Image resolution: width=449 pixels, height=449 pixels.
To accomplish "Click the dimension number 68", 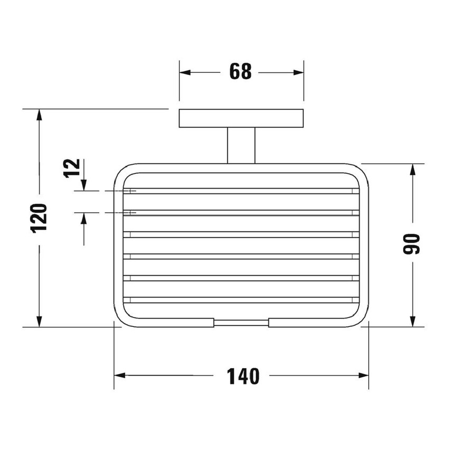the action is click(x=240, y=71).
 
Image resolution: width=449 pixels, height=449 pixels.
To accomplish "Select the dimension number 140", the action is click(x=243, y=376).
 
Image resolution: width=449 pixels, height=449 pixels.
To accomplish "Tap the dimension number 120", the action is click(x=39, y=218).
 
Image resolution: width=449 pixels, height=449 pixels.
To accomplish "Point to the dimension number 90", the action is click(x=411, y=244).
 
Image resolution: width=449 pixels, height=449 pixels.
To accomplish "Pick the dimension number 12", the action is click(x=72, y=169).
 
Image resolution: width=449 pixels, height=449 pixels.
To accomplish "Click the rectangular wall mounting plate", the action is click(x=241, y=118).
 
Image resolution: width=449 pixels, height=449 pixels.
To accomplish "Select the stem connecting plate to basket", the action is click(x=241, y=145).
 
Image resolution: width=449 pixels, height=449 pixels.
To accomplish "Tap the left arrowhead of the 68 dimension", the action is click(x=185, y=72).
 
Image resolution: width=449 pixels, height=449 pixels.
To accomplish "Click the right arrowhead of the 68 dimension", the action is click(x=298, y=72).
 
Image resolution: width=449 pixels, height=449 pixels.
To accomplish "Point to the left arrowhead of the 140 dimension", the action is click(x=120, y=376).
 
